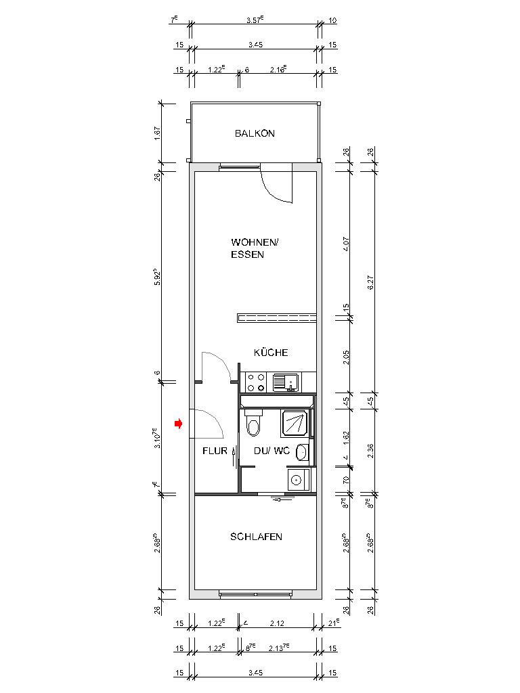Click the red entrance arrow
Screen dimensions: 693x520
click(x=179, y=424)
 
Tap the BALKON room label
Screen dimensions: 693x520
click(x=255, y=134)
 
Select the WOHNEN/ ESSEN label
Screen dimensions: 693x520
click(x=254, y=248)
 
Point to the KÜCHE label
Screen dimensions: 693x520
click(x=271, y=353)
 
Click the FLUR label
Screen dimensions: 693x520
click(x=215, y=451)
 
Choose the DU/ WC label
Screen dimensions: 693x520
click(x=272, y=451)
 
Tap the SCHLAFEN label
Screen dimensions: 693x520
click(x=256, y=537)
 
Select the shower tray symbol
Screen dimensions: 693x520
click(x=295, y=423)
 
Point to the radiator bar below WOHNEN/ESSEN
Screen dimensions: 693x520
click(x=276, y=317)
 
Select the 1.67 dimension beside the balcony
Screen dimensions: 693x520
click(x=157, y=133)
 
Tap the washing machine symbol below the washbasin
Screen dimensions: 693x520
click(x=296, y=480)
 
